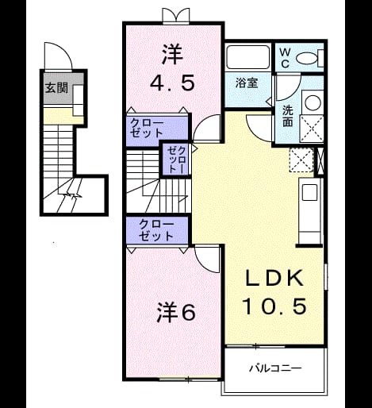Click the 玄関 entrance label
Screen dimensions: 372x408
point(57,88)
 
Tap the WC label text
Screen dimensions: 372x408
point(285,58)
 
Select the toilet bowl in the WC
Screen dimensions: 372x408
point(306,58)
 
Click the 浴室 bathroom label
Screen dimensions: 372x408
point(247,83)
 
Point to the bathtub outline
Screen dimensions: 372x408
point(248,57)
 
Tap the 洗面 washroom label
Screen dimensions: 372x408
point(288,115)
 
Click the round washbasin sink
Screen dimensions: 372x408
point(313,102)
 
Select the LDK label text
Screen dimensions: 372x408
point(274,279)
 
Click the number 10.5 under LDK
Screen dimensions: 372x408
point(275,306)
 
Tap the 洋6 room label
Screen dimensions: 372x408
point(176,313)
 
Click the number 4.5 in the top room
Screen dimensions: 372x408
point(172,83)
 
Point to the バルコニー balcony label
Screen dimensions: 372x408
point(275,368)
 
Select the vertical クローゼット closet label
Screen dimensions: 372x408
point(177,160)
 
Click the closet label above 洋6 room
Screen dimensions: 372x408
point(156,230)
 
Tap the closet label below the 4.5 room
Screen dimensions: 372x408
point(148,128)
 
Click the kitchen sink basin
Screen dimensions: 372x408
point(310,192)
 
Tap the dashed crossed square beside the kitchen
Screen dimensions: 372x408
point(301,160)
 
